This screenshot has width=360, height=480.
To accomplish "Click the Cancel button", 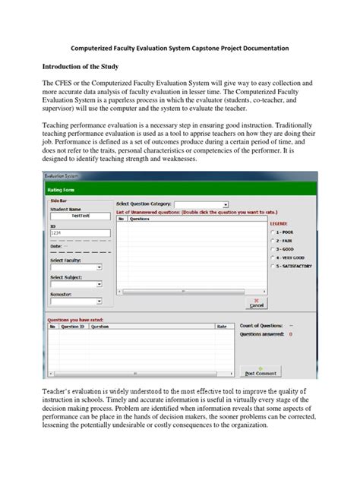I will (x=257, y=303).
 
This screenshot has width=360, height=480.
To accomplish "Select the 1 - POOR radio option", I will (x=272, y=232).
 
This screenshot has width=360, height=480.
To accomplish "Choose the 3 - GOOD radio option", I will (x=272, y=250).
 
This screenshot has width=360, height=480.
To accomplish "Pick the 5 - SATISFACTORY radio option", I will (x=272, y=267).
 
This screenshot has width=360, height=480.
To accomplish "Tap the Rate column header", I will (x=222, y=326).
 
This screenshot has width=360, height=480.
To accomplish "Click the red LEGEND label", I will (x=279, y=224).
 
